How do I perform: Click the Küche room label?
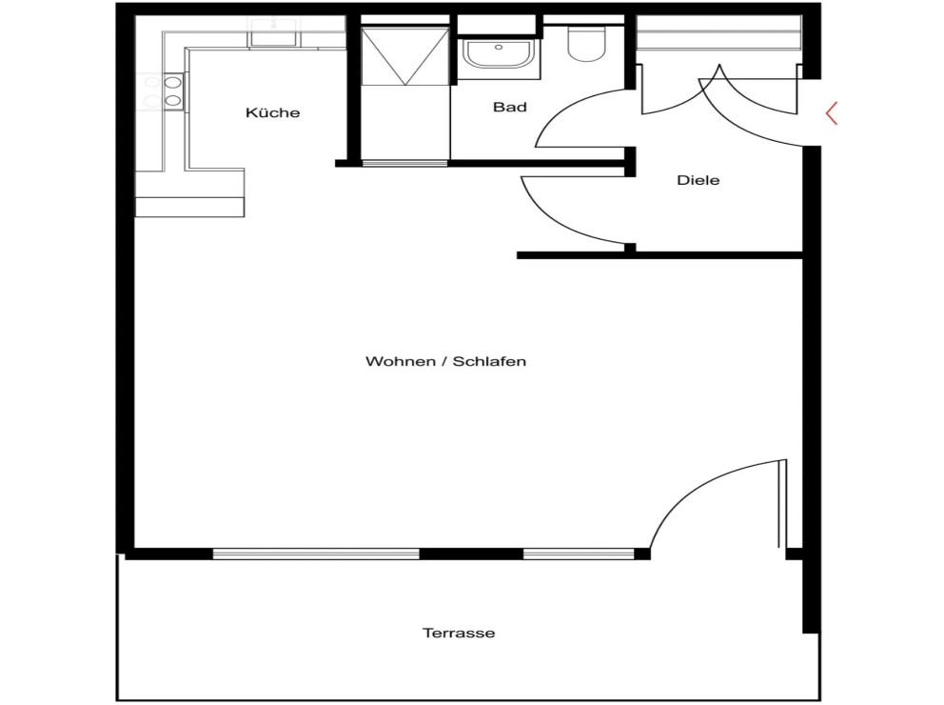pos(273,112)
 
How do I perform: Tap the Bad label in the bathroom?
pos(510,108)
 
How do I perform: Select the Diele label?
pos(698,180)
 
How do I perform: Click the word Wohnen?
pos(401,361)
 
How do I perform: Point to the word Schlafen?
pos(489,361)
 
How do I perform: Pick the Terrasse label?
pos(459,634)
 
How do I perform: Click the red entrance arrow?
pos(832,113)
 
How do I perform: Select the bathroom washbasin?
pos(498,54)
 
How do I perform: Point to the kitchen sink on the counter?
pos(274,32)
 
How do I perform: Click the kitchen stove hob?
pos(163,91)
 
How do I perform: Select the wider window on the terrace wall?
pos(316,554)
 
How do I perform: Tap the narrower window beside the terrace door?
pos(579,554)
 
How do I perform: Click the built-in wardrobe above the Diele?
pos(719,32)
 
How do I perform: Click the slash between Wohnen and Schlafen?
pos(444,361)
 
